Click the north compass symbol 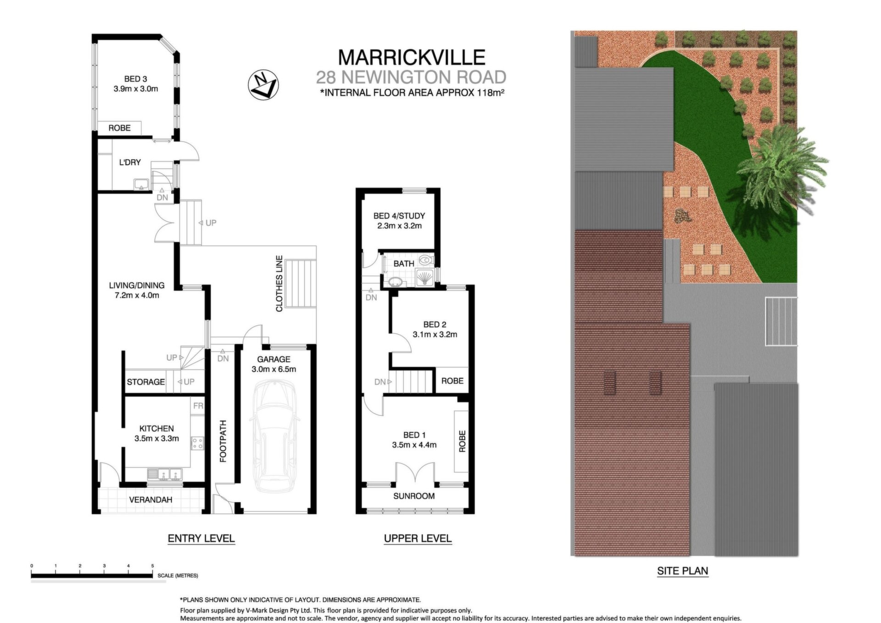[x=263, y=85]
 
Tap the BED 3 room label [x=135, y=79]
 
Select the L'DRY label [x=130, y=162]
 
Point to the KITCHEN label [x=156, y=429]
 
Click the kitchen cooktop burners [x=197, y=443]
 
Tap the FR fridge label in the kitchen [x=198, y=406]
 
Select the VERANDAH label [x=151, y=500]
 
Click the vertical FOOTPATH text [x=223, y=441]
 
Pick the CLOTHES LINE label [x=279, y=284]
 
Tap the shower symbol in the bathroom [x=425, y=277]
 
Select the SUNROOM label [x=414, y=496]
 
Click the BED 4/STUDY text [x=399, y=215]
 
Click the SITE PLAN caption [x=683, y=571]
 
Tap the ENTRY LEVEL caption [x=201, y=538]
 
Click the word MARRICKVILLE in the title [x=412, y=57]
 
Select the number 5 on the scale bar [x=153, y=566]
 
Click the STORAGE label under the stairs [x=146, y=382]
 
